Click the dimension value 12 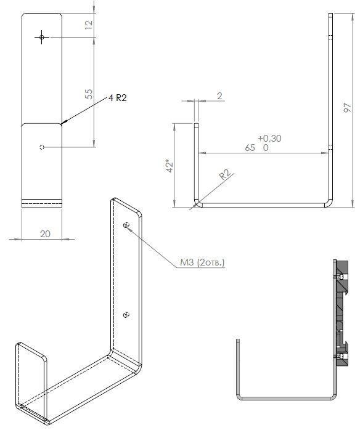[89, 25]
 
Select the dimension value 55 [89, 94]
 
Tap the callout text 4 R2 [118, 98]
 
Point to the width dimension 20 [45, 234]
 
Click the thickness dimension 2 [219, 96]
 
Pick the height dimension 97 [348, 107]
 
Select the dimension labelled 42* [170, 165]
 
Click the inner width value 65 [250, 148]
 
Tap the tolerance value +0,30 [270, 139]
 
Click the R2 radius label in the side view [224, 175]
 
